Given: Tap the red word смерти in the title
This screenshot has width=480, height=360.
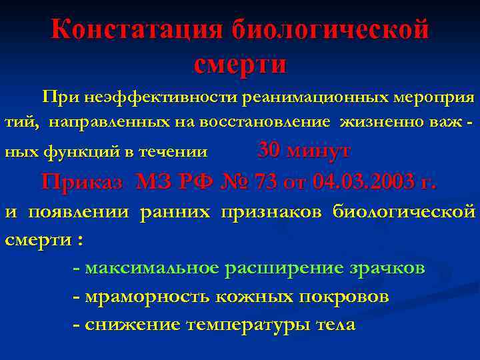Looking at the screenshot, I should pos(240,64).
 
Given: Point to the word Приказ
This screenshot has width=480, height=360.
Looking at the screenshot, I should pos(82,181).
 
